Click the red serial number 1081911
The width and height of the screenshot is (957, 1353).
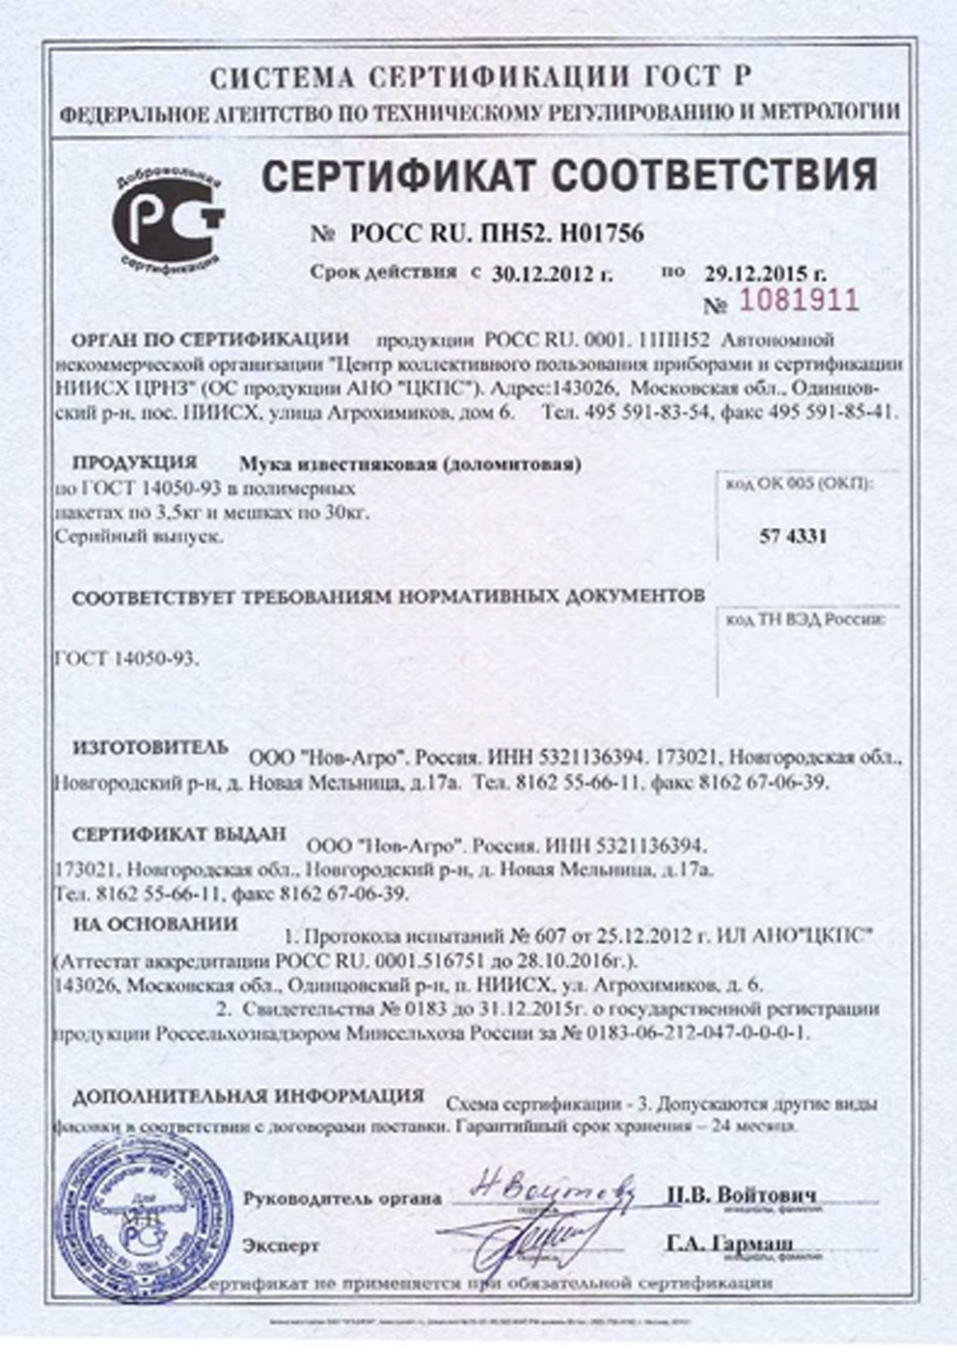pos(799,300)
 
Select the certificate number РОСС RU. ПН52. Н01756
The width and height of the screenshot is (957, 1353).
pos(497,234)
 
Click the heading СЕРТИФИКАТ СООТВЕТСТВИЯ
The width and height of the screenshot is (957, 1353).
pos(569,175)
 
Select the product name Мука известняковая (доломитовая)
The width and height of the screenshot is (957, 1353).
pos(411,465)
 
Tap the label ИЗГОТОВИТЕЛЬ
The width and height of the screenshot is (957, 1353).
pos(150,747)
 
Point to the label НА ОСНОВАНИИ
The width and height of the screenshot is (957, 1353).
pos(156,923)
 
